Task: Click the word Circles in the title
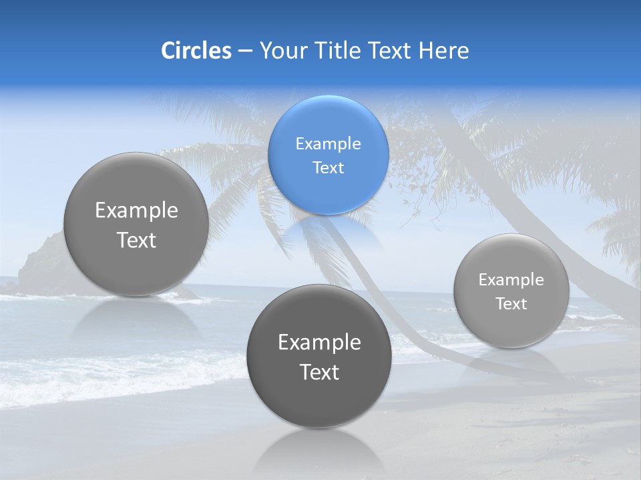196,51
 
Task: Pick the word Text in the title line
391,51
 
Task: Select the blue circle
328,155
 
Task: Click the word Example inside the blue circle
328,143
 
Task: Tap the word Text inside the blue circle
328,167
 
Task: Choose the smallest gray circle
511,291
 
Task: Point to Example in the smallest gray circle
511,279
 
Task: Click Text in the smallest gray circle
511,303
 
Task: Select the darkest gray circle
319,356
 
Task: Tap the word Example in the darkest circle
319,343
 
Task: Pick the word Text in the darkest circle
319,372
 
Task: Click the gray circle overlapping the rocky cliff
136,224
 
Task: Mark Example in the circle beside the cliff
136,211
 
